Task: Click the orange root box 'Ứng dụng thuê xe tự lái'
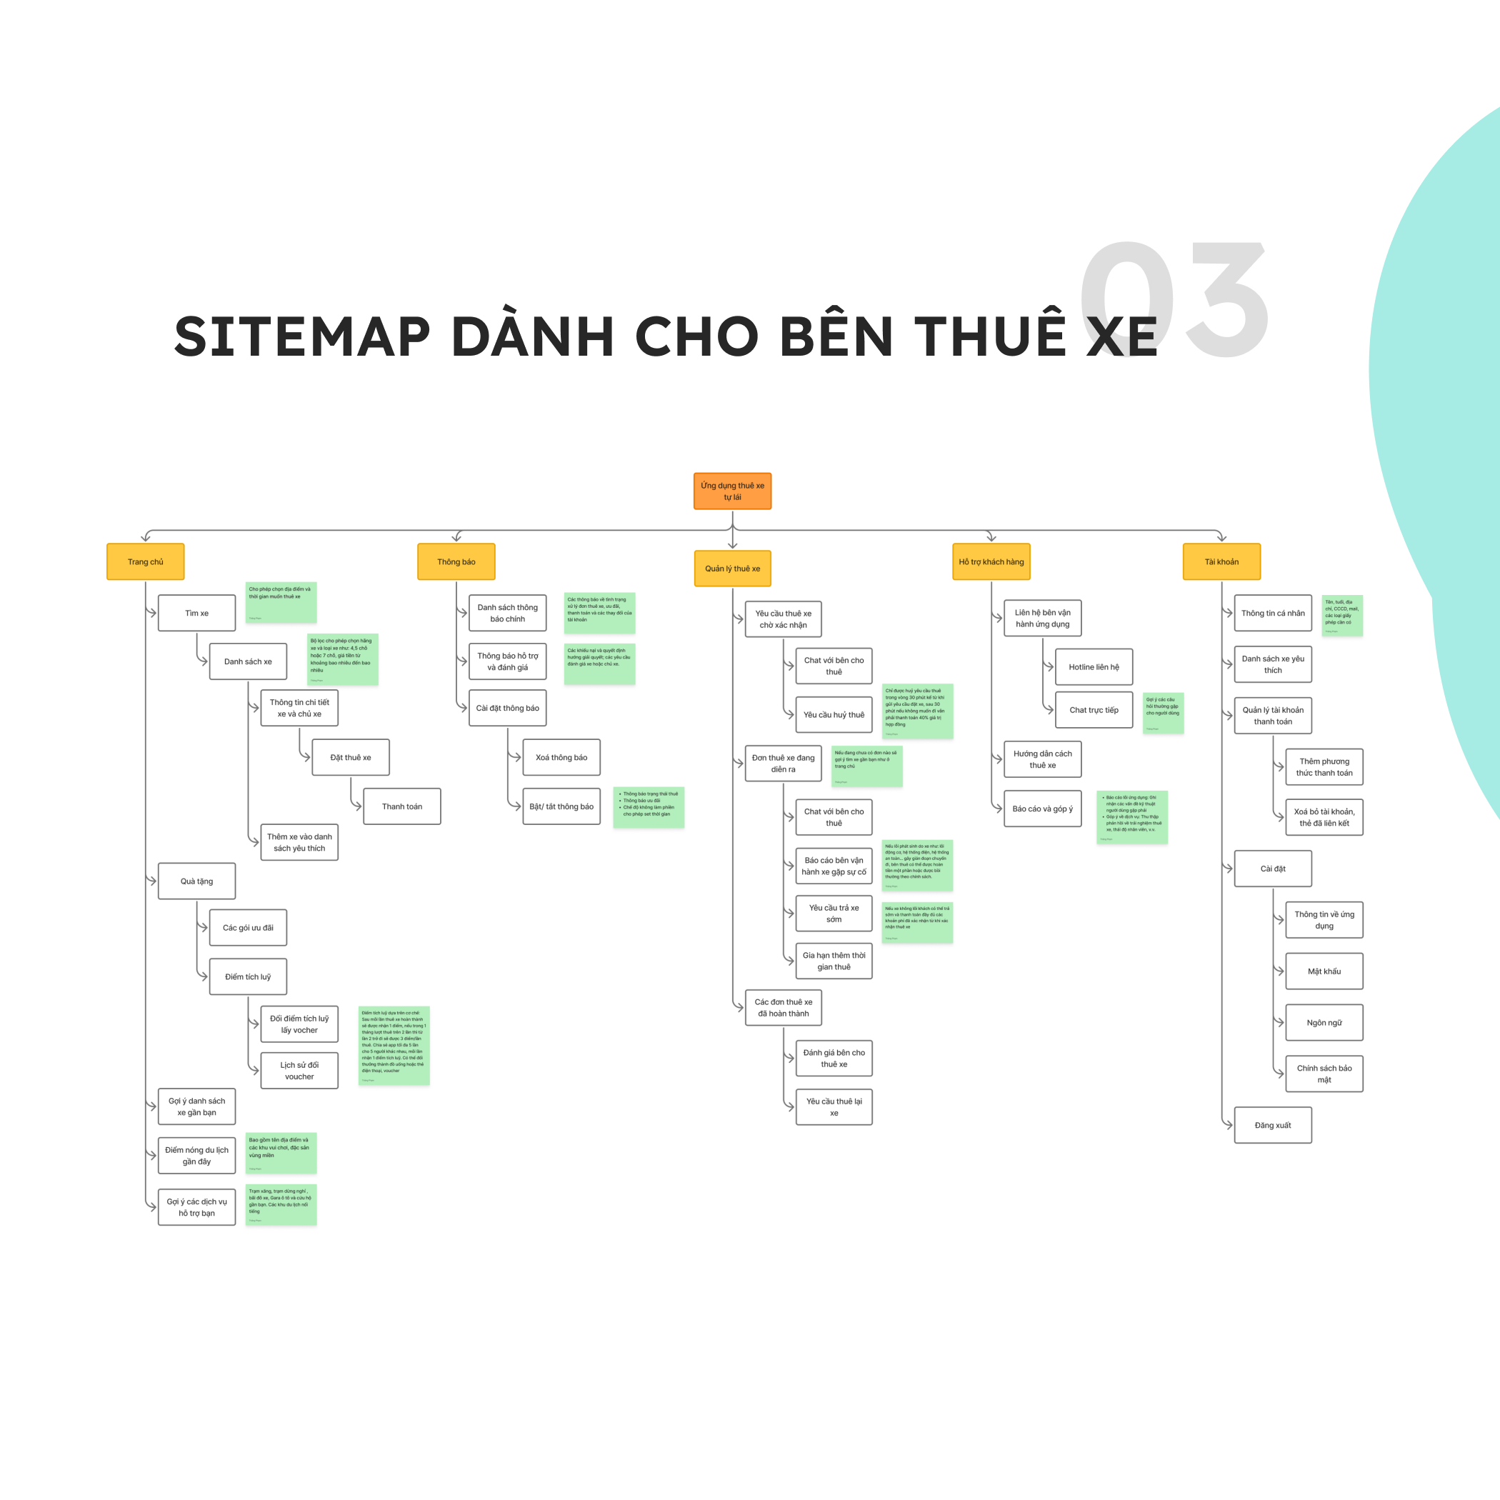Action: click(732, 491)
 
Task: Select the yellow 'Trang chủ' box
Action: click(145, 561)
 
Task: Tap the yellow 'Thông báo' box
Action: click(456, 561)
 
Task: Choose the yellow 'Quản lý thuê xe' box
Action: click(732, 569)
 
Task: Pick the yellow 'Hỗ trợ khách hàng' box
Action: click(991, 561)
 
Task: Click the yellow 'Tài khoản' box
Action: click(1221, 561)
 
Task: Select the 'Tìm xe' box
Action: click(196, 613)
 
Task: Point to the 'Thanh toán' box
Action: click(401, 806)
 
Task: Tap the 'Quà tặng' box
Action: click(196, 881)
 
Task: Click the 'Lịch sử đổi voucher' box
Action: click(299, 1071)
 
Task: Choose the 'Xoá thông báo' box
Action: click(561, 757)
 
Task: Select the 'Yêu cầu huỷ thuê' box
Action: click(834, 714)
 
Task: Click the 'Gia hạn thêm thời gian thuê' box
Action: click(834, 961)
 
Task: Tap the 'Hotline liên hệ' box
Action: click(1093, 666)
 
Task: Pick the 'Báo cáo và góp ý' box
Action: click(1042, 809)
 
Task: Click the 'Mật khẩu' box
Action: click(1324, 971)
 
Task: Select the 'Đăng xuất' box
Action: click(1273, 1124)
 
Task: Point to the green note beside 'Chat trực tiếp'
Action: click(1162, 713)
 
